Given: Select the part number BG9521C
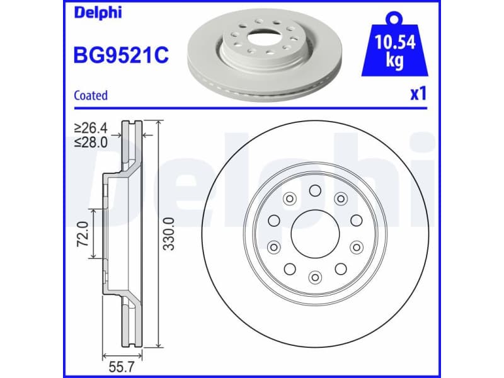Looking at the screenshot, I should click(x=122, y=55).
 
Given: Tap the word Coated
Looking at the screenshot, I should click(x=91, y=96).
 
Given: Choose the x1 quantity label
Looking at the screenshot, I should click(x=418, y=94).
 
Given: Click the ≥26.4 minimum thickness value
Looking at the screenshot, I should click(x=91, y=128).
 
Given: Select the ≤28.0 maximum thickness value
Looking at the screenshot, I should click(x=91, y=142).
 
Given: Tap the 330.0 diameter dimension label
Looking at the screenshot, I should click(x=168, y=234).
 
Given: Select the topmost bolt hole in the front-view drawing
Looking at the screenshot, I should click(x=314, y=190).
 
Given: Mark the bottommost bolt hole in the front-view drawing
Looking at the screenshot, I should click(x=314, y=276).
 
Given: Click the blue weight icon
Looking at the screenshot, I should click(x=395, y=50).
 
